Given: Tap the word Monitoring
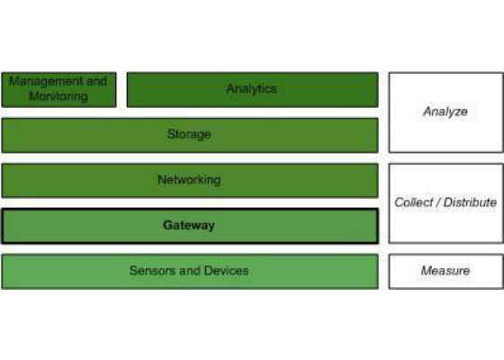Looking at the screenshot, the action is click(x=58, y=95).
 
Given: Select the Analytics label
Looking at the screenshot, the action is click(x=251, y=88).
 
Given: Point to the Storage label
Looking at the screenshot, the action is click(x=189, y=134).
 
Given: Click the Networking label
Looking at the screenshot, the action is click(x=189, y=180).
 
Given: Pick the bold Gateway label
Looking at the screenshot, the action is click(x=189, y=225).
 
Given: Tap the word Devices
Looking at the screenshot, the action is click(x=226, y=271).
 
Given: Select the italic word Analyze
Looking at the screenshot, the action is click(x=445, y=112).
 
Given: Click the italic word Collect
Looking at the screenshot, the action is click(x=414, y=202).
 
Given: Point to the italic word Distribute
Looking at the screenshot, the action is click(x=470, y=202).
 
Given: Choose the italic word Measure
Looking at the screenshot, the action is click(x=445, y=271).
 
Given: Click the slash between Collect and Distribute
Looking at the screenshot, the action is click(x=438, y=202).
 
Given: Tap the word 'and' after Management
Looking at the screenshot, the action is click(x=96, y=81).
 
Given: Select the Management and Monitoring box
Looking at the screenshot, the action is click(x=58, y=90).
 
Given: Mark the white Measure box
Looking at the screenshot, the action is click(x=445, y=272).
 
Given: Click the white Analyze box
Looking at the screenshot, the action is click(x=445, y=112).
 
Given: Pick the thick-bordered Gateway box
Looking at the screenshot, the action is click(x=190, y=226).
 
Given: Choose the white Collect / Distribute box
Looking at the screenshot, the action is click(x=445, y=203).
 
